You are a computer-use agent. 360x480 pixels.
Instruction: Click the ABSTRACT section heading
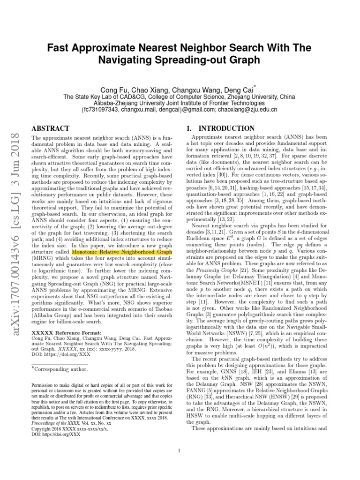(x=50, y=128)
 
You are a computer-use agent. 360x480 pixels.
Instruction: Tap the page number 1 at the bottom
(x=180, y=451)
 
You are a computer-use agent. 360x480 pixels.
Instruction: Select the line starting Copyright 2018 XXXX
(x=69, y=428)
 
